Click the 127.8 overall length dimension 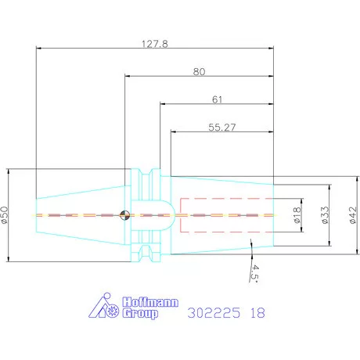155,44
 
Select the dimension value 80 199,71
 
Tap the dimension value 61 217,99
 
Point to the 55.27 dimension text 222,128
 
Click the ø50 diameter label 5,215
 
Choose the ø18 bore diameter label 297,215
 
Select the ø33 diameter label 325,215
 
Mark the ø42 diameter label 353,215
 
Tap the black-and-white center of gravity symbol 124,215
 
